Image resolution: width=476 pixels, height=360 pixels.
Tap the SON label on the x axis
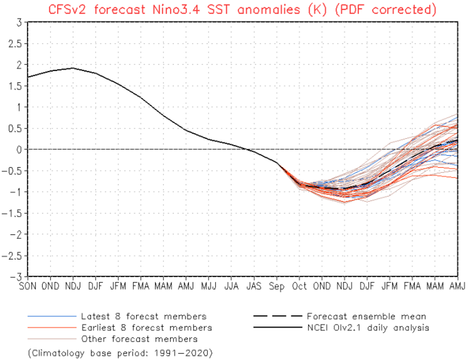pyautogui.click(x=28, y=286)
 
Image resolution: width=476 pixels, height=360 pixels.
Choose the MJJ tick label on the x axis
pyautogui.click(x=209, y=286)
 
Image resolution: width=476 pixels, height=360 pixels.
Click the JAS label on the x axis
pyautogui.click(x=254, y=286)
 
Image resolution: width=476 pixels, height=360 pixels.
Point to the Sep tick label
pyautogui.click(x=276, y=286)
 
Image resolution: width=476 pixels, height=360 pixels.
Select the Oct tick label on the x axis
pyautogui.click(x=299, y=286)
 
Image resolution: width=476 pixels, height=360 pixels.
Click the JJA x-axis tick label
pyautogui.click(x=231, y=286)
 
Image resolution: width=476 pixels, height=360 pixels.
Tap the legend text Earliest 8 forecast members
pyautogui.click(x=146, y=328)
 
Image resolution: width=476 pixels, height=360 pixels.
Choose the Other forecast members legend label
pyautogui.click(x=139, y=339)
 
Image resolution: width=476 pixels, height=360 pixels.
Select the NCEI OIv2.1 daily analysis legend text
pyautogui.click(x=368, y=328)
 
